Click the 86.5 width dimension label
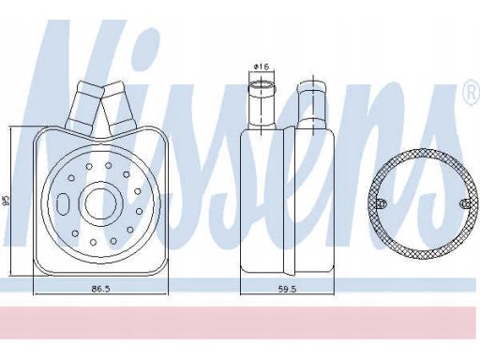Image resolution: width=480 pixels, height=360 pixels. coord(100,289)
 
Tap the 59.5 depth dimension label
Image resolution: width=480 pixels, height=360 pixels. coord(287,290)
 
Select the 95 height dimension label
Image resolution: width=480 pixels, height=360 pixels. coord(7,201)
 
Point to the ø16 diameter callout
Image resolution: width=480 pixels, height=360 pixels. coord(262,67)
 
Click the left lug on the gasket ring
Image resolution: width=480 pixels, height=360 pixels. coord(382,203)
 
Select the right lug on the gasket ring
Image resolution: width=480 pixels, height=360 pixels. coord(465,203)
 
